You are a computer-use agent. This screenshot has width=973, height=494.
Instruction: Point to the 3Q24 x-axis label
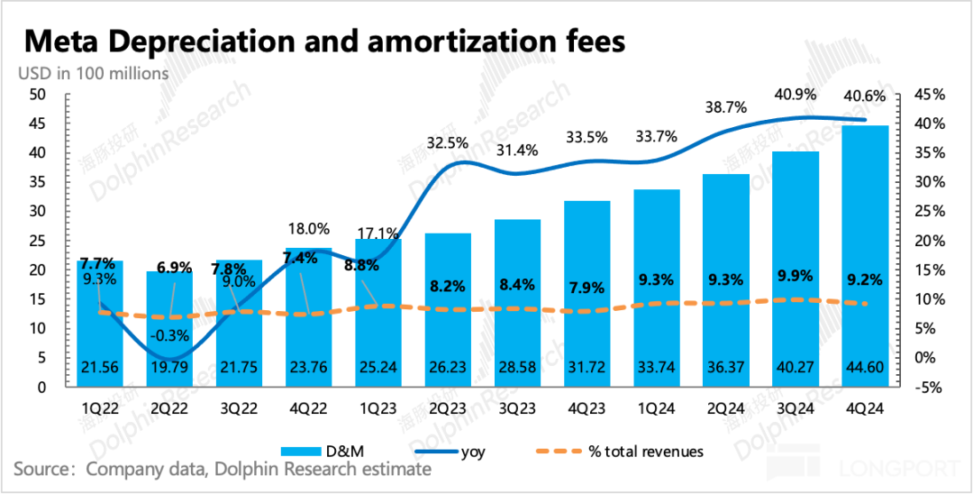click(795, 408)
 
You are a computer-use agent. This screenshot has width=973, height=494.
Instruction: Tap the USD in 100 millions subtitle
click(94, 73)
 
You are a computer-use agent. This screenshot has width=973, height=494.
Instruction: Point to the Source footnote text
click(223, 469)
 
